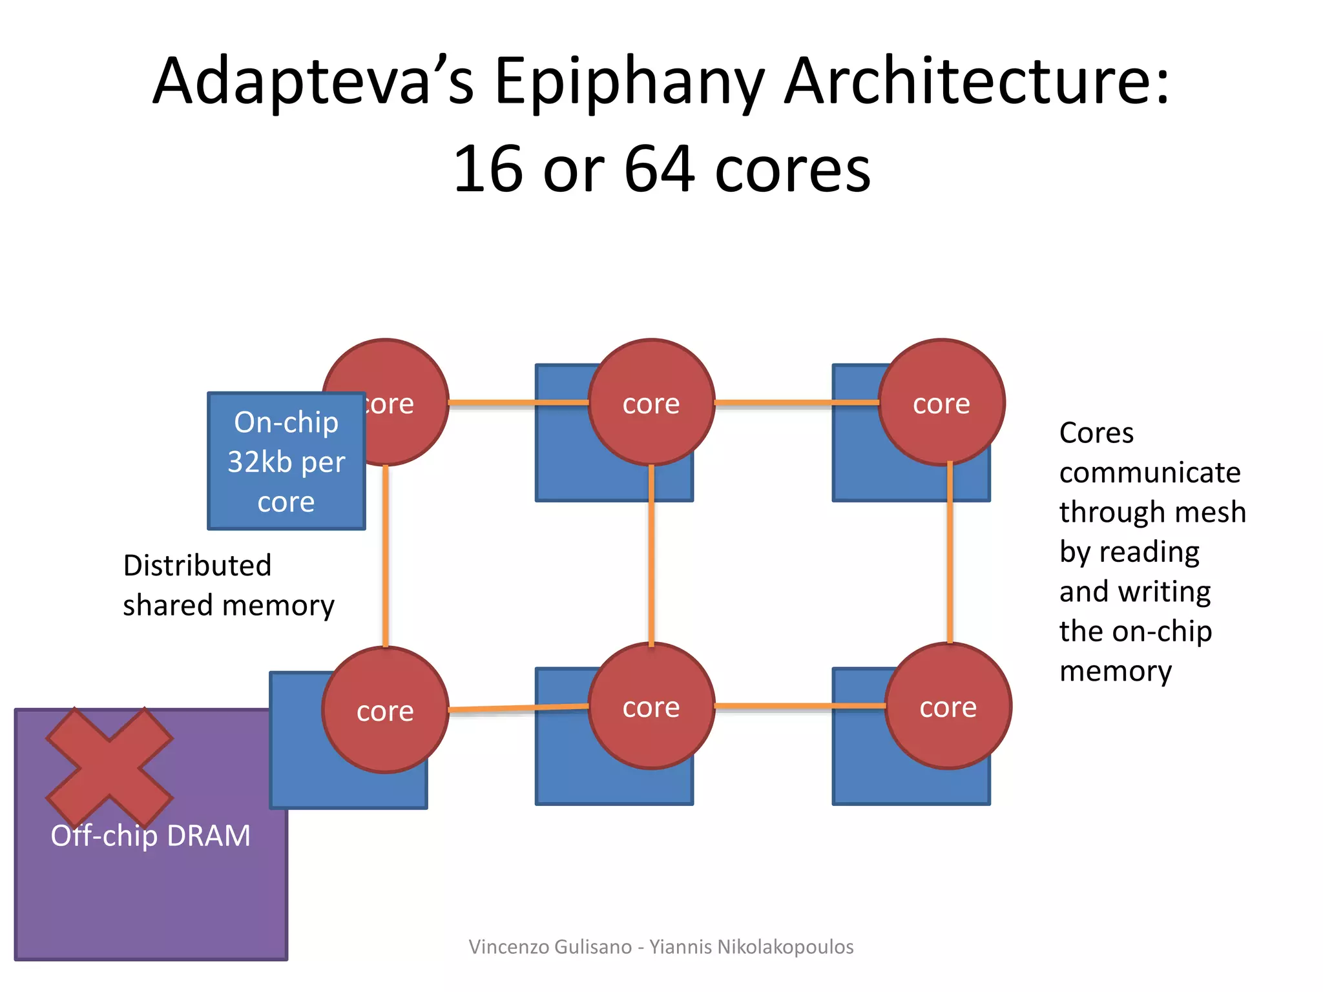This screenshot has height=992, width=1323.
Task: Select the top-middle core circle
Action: point(651,402)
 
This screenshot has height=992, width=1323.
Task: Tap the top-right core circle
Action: point(941,402)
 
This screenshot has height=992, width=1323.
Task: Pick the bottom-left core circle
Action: point(385,710)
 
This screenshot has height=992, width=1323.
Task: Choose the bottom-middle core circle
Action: point(651,706)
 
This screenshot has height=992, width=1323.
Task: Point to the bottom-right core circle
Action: point(948,706)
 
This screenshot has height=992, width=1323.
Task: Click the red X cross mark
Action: point(109,767)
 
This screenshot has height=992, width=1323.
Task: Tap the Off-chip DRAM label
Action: point(151,836)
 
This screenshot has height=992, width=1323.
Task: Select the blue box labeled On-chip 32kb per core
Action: point(286,461)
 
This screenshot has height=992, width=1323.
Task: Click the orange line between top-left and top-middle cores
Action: point(517,402)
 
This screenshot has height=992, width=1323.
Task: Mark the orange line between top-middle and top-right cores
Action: point(796,402)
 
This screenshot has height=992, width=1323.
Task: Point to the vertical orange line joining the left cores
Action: point(386,555)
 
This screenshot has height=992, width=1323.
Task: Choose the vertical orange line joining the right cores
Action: point(950,553)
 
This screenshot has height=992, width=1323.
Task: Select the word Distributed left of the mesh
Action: point(197,566)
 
